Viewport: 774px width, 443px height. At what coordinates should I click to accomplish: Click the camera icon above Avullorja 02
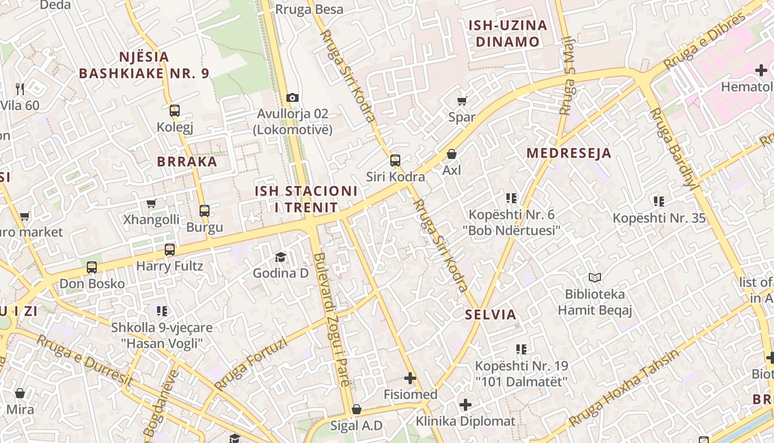point(292,98)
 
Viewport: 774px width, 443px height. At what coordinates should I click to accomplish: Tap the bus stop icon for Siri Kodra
point(395,161)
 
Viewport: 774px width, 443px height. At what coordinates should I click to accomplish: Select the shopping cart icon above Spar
point(462,101)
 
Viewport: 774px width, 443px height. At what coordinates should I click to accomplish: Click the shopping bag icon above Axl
point(452,154)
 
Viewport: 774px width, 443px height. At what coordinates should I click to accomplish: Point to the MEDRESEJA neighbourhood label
point(569,153)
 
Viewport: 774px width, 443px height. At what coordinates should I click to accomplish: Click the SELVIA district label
point(490,315)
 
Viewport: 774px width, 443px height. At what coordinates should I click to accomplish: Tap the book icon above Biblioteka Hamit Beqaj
point(595,277)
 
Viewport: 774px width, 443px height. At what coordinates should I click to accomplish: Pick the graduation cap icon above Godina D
point(280,257)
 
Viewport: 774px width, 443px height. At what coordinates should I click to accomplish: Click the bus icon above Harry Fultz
point(170,250)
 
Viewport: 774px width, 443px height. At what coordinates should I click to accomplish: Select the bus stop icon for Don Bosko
point(92,267)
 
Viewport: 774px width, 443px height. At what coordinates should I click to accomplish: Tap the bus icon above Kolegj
point(175,111)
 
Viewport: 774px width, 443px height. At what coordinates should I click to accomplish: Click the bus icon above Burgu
point(205,211)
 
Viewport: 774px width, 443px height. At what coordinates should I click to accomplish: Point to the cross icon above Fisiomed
point(410,378)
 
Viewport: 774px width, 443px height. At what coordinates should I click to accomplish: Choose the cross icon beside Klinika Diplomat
point(466,404)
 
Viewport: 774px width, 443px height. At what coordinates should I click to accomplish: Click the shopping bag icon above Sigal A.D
point(356,410)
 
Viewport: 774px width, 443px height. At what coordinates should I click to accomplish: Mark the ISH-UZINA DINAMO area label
point(508,33)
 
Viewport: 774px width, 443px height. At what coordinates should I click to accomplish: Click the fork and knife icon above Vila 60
point(20,89)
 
